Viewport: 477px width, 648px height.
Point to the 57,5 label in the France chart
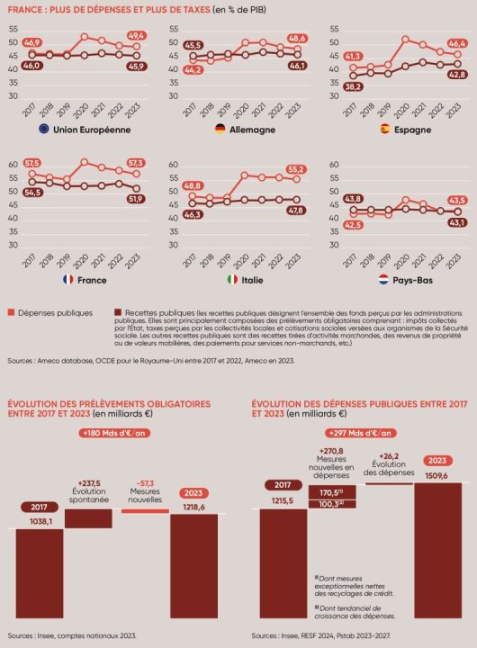(32, 163)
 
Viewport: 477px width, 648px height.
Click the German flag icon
(218, 130)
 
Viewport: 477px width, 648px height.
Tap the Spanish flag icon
(382, 130)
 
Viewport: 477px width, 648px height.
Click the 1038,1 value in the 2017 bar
(40, 521)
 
